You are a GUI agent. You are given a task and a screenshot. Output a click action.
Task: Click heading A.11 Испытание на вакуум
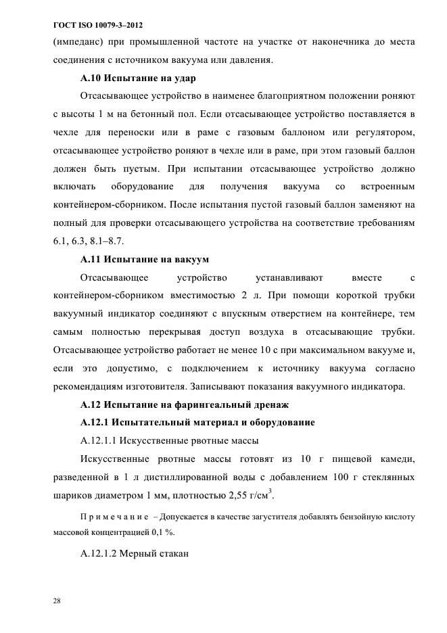point(145,259)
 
